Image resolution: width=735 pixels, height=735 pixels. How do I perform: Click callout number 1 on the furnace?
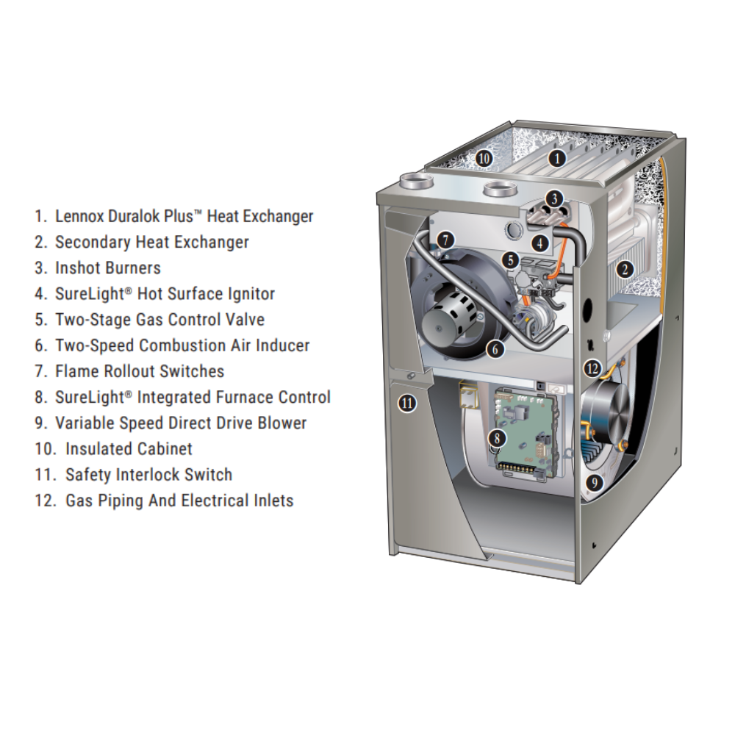pyautogui.click(x=557, y=157)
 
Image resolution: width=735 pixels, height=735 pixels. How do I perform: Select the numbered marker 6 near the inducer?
pyautogui.click(x=496, y=349)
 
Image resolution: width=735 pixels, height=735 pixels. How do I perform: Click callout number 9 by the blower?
pyautogui.click(x=595, y=482)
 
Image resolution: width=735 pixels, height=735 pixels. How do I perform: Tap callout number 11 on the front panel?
pyautogui.click(x=406, y=402)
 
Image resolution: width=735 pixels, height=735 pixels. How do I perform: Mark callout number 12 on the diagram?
pyautogui.click(x=592, y=369)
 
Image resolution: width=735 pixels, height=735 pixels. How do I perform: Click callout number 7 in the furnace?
pyautogui.click(x=445, y=239)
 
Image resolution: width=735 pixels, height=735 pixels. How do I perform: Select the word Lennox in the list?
pyautogui.click(x=79, y=216)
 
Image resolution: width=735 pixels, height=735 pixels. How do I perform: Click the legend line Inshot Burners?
pyautogui.click(x=107, y=268)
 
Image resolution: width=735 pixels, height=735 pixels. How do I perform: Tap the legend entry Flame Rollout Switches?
pyautogui.click(x=140, y=371)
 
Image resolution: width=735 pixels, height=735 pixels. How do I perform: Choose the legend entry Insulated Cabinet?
pyautogui.click(x=129, y=448)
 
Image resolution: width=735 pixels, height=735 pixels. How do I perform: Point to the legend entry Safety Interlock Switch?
pyautogui.click(x=148, y=475)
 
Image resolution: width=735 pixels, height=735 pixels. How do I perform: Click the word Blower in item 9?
pyautogui.click(x=282, y=423)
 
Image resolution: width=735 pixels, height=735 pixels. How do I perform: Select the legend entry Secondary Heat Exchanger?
pyautogui.click(x=151, y=242)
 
